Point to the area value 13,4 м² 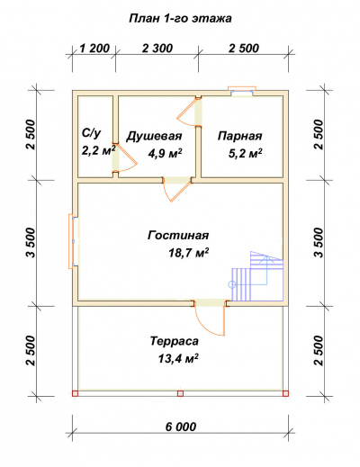coord(176,359)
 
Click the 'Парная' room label coord(239,136)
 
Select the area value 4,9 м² coord(162,154)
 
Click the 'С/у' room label coord(90,132)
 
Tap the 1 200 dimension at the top coord(94,48)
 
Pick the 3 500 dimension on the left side coord(30,242)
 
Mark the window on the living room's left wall coord(71,241)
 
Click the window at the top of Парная coord(242,90)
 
